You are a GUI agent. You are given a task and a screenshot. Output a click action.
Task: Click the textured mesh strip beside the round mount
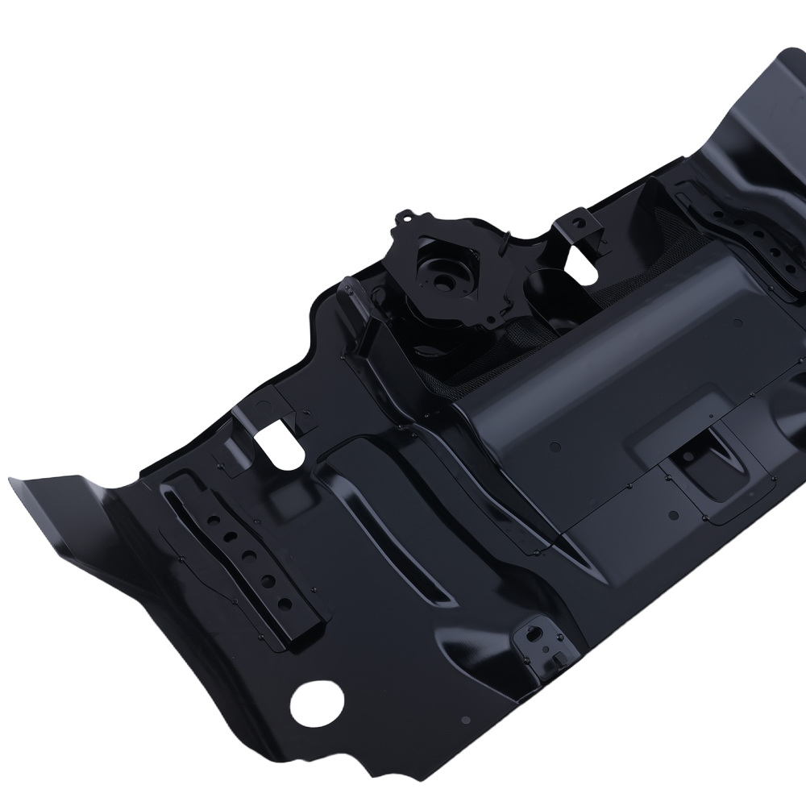tap(484, 355)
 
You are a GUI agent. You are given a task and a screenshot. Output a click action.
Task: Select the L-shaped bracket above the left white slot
tap(258, 407)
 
